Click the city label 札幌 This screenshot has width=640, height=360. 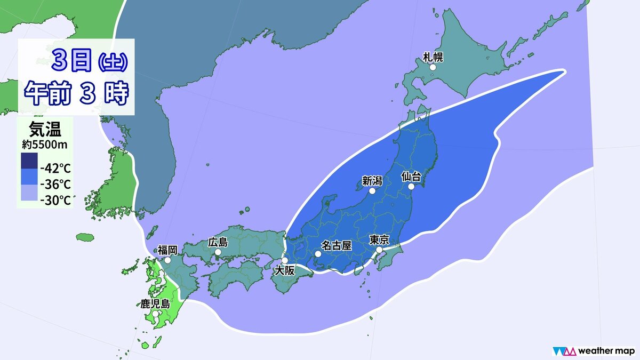pyautogui.click(x=433, y=57)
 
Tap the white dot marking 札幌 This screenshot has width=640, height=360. pyautogui.click(x=433, y=68)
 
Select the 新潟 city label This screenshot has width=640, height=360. pyautogui.click(x=372, y=181)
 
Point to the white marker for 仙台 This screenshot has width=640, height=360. pyautogui.click(x=412, y=187)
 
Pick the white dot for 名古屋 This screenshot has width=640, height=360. pyautogui.click(x=318, y=254)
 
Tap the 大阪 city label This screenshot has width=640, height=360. pyautogui.click(x=284, y=271)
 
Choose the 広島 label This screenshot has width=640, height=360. pyautogui.click(x=218, y=242)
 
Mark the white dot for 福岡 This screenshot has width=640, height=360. pyautogui.click(x=167, y=260)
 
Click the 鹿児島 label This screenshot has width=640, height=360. pyautogui.click(x=155, y=305)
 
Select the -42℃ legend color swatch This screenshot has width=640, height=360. pyautogui.click(x=28, y=161)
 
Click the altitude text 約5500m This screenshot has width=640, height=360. pyautogui.click(x=45, y=143)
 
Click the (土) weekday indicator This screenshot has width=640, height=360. pyautogui.click(x=113, y=63)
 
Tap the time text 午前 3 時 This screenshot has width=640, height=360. pyautogui.click(x=77, y=94)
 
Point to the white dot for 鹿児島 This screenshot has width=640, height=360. pyautogui.click(x=155, y=314)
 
